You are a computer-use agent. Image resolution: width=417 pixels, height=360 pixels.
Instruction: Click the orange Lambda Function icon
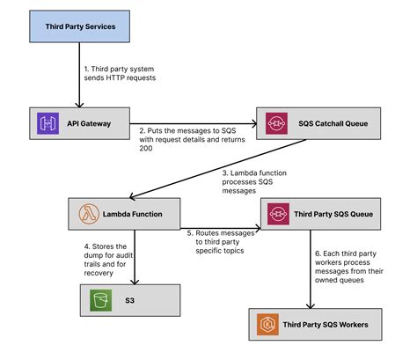coord(87,213)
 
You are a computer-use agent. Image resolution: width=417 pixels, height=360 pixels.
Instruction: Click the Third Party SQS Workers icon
coord(268,325)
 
